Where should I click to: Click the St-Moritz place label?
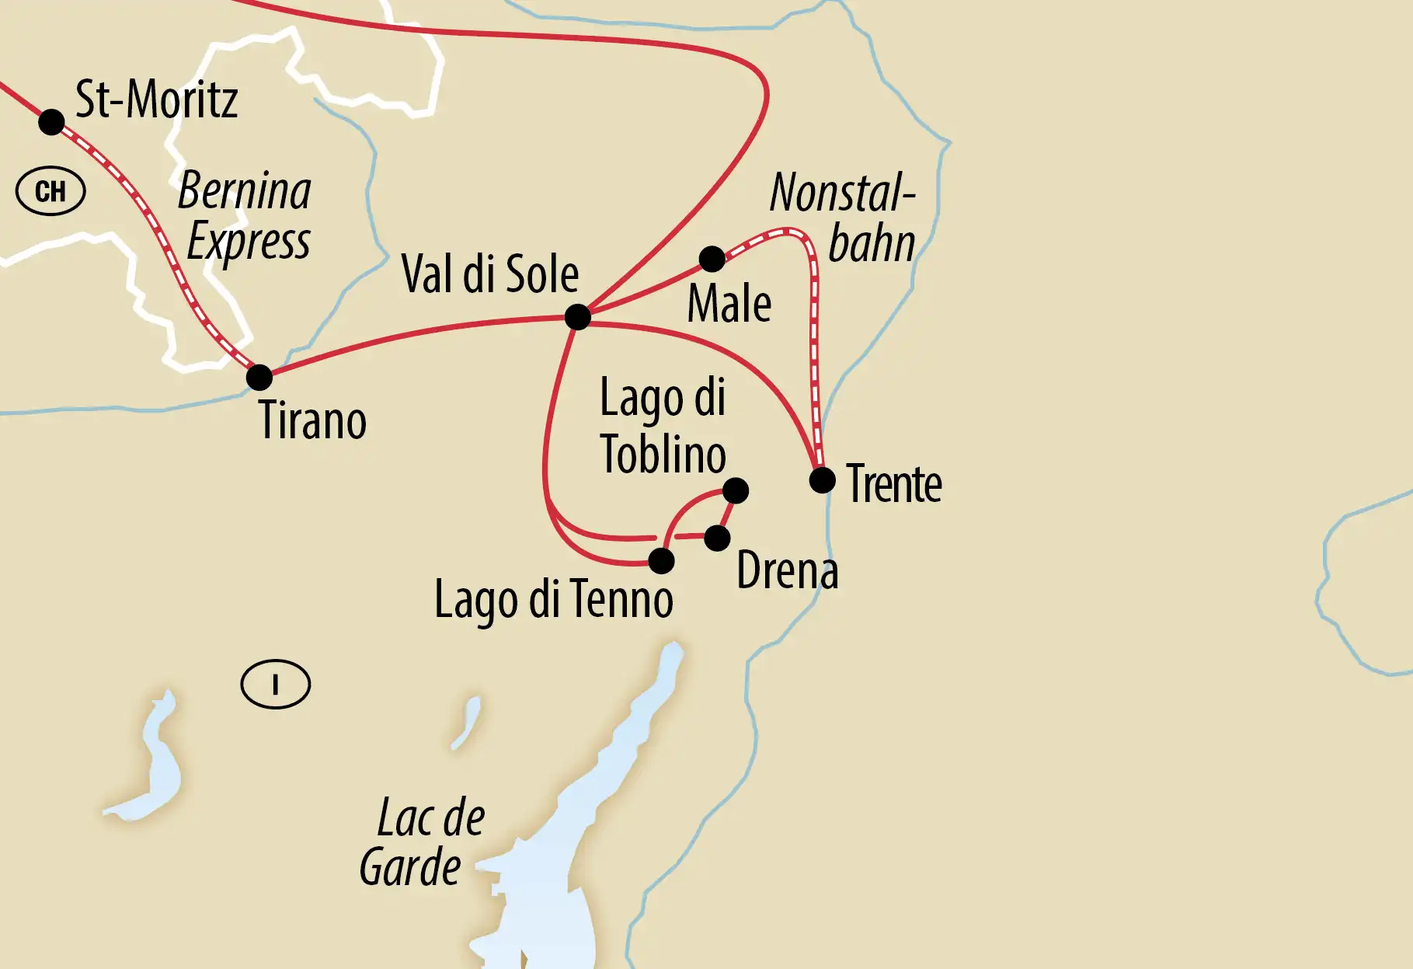pyautogui.click(x=156, y=100)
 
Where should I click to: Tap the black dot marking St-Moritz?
pyautogui.click(x=51, y=122)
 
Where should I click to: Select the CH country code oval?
pyautogui.click(x=50, y=191)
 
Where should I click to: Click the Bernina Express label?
pyautogui.click(x=246, y=216)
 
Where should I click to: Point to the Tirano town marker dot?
pyautogui.click(x=259, y=378)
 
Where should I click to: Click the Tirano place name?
pyautogui.click(x=312, y=420)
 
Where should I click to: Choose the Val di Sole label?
pyautogui.click(x=490, y=274)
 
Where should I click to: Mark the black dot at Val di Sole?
pyautogui.click(x=577, y=317)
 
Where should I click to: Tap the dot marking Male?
pyautogui.click(x=712, y=259)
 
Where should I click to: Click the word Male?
pyautogui.click(x=729, y=304)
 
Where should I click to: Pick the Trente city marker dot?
pyautogui.click(x=822, y=480)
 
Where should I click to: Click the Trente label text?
pyautogui.click(x=894, y=484)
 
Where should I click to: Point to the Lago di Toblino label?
pyautogui.click(x=663, y=426)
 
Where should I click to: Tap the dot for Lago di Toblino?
pyautogui.click(x=735, y=490)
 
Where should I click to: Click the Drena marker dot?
pyautogui.click(x=717, y=538)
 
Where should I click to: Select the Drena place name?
pyautogui.click(x=788, y=571)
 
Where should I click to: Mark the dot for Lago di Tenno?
pyautogui.click(x=661, y=560)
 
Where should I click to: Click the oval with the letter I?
pyautogui.click(x=276, y=685)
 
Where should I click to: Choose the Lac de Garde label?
pyautogui.click(x=423, y=842)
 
